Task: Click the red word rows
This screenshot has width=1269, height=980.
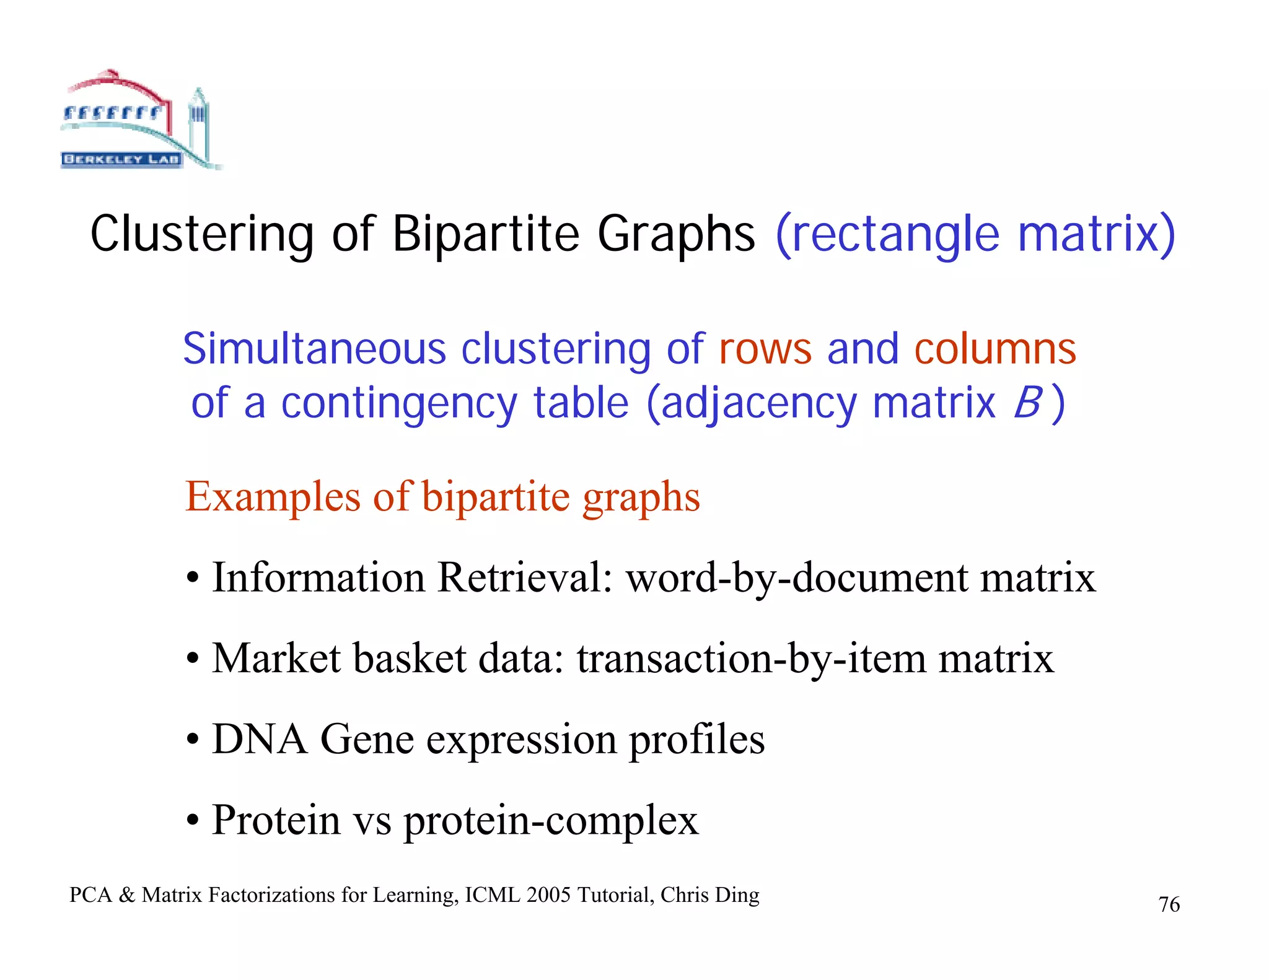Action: [x=765, y=349]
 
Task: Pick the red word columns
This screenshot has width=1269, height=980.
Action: [x=995, y=349]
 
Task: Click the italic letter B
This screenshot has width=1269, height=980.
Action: [x=1027, y=403]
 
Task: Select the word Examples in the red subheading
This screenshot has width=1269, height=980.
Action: [x=273, y=497]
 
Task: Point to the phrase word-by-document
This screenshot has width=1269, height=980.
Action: [x=796, y=577]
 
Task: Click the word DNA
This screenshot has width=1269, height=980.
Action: [x=260, y=739]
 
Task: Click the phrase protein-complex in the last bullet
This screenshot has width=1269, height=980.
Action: [x=551, y=821]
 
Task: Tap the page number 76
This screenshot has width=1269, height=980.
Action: [x=1169, y=905]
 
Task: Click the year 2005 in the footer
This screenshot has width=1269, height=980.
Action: [x=548, y=895]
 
